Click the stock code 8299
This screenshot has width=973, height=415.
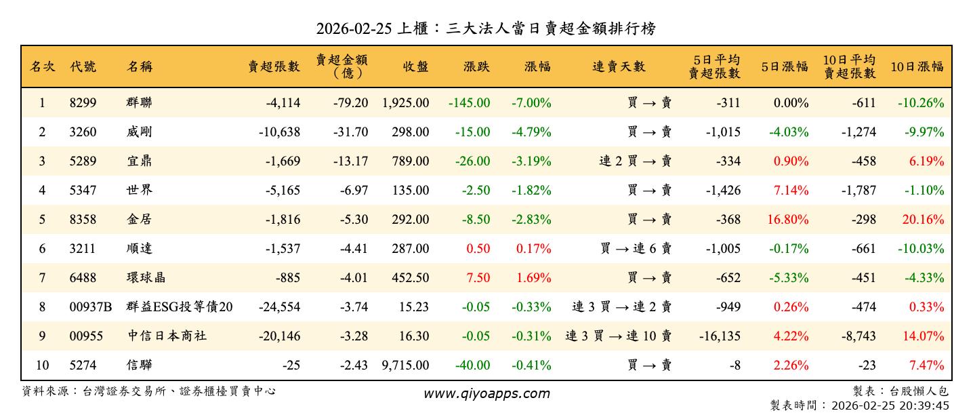(x=83, y=103)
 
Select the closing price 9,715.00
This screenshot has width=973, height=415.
(x=405, y=365)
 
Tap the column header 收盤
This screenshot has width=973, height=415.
(x=415, y=66)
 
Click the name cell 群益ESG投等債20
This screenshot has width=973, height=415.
(x=180, y=307)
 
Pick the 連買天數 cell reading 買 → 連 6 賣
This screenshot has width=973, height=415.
(x=635, y=249)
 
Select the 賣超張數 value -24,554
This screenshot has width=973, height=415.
(x=279, y=307)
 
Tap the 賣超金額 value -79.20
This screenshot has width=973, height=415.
(x=350, y=103)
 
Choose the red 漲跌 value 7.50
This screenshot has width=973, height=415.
(x=478, y=278)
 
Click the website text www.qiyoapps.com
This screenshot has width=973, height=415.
(x=486, y=393)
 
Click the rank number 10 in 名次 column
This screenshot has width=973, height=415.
(x=42, y=365)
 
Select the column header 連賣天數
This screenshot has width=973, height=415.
(x=619, y=66)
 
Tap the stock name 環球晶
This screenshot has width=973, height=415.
(x=146, y=278)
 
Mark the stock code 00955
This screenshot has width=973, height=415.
(x=86, y=336)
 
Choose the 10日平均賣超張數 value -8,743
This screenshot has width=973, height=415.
(x=856, y=336)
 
